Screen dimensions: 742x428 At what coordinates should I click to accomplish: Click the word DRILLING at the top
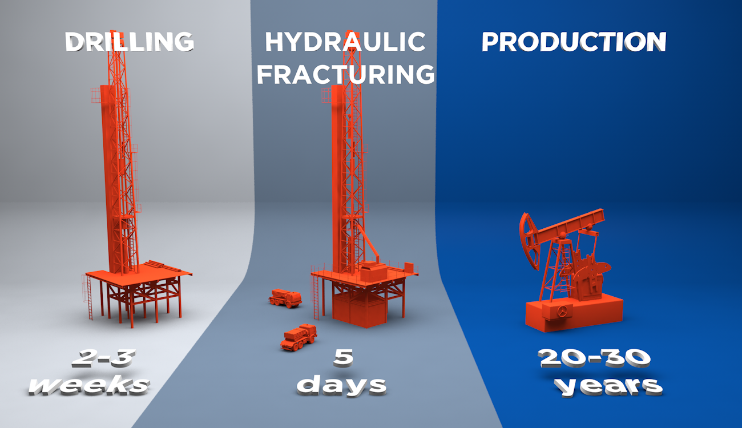pyautogui.click(x=129, y=42)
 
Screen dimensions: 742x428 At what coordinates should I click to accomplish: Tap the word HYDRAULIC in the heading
pyautogui.click(x=345, y=42)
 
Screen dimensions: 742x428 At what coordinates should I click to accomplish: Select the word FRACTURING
pyautogui.click(x=345, y=74)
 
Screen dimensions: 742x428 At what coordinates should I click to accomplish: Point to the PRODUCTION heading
pyautogui.click(x=574, y=42)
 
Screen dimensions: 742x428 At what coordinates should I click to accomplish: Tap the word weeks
pyautogui.click(x=90, y=385)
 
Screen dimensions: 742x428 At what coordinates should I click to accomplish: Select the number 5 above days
pyautogui.click(x=343, y=358)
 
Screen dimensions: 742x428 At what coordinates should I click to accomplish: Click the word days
pyautogui.click(x=341, y=386)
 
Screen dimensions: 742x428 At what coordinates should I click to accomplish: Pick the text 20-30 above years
pyautogui.click(x=594, y=358)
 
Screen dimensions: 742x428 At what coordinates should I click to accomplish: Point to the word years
pyautogui.click(x=608, y=386)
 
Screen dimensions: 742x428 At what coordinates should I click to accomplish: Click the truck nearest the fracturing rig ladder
pyautogui.click(x=285, y=297)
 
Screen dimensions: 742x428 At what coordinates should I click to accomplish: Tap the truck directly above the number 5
pyautogui.click(x=299, y=337)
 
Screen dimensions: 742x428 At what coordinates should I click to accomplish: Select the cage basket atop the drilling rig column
pyautogui.click(x=95, y=95)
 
